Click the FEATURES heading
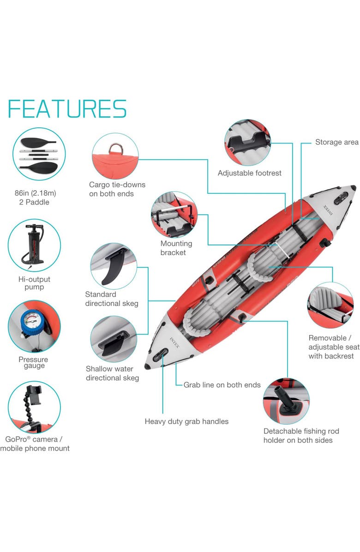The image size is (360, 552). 67,108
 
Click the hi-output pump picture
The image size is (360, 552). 35,245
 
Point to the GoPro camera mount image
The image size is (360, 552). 33,407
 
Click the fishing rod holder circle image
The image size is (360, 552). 286,401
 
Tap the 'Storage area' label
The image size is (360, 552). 336,142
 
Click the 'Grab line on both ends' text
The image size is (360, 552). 222,385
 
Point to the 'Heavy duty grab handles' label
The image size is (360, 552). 186,421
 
